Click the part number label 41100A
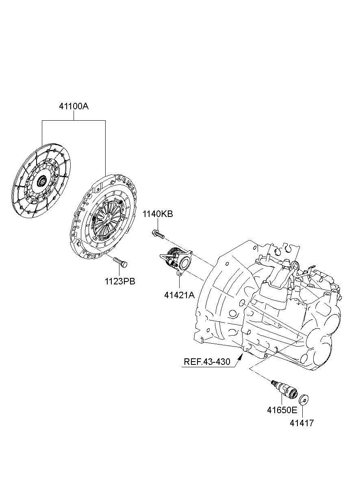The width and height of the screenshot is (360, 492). [x=74, y=107]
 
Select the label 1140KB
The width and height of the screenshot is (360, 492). [x=157, y=214]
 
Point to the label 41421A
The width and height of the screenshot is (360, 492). [x=179, y=295]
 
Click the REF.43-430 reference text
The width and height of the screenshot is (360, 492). [x=207, y=362]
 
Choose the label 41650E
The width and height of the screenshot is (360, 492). [x=282, y=410]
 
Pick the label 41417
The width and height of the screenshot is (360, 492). [x=301, y=423]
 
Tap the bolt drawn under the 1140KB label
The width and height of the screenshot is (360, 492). [x=158, y=234]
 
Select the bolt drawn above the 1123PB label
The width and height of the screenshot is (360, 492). [x=120, y=262]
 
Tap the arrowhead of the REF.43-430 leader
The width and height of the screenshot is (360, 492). [x=242, y=356]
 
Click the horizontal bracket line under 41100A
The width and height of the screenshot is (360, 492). [x=74, y=120]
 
